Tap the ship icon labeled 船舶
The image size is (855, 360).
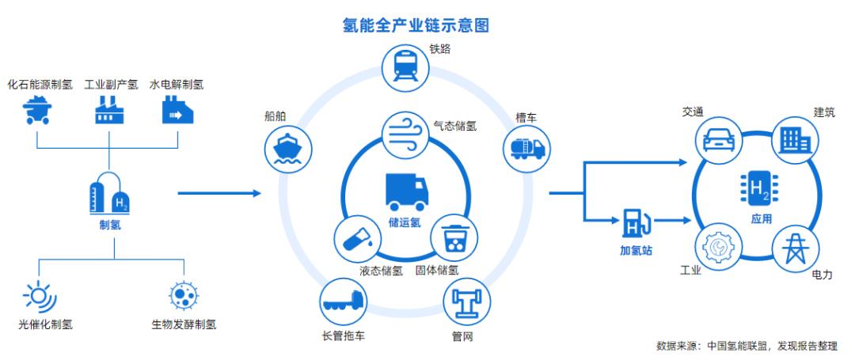coord(287,149)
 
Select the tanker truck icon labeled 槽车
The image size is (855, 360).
coord(526,149)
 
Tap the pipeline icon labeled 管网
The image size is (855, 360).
coord(467,303)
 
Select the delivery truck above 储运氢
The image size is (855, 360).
coord(406,192)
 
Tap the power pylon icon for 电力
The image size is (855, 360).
coord(795,248)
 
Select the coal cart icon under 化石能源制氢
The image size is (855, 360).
coord(36,110)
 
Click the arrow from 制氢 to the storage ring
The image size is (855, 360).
coord(220,193)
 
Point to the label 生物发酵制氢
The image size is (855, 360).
coord(184,325)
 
